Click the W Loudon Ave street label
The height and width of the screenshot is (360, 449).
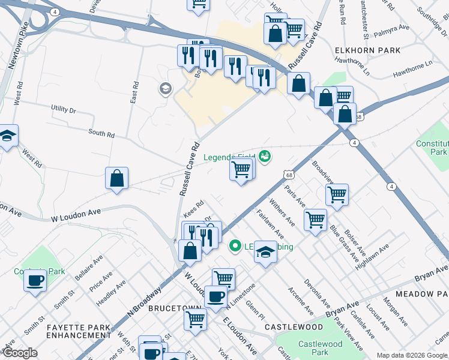click(x=76, y=212)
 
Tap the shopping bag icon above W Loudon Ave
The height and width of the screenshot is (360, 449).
click(x=117, y=178)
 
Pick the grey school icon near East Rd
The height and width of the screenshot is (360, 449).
click(x=164, y=89)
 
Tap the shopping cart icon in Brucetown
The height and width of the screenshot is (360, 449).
click(x=195, y=319)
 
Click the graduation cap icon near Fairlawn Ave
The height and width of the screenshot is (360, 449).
click(x=265, y=252)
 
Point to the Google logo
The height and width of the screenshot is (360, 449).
click(x=20, y=353)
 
